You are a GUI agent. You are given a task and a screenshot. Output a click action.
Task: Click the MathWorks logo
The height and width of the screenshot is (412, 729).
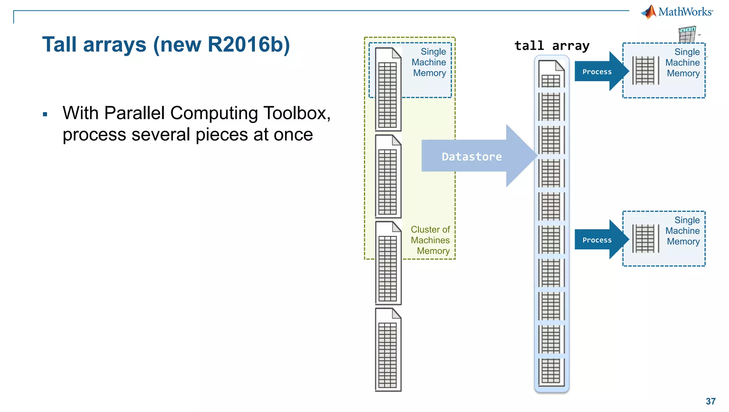(x=677, y=12)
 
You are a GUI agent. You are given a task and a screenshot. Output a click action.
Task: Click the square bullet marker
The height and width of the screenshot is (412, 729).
(x=45, y=114)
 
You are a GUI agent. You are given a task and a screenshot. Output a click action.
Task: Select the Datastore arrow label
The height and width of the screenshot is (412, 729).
(x=472, y=156)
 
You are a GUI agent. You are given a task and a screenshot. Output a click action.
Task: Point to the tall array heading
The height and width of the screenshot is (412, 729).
(x=552, y=46)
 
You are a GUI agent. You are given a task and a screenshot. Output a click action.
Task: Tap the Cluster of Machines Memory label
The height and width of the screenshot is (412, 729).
(x=430, y=240)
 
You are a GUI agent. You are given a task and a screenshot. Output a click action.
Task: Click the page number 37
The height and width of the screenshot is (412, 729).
(x=710, y=401)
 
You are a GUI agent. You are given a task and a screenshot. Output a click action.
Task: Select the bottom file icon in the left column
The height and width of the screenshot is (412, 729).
(x=388, y=350)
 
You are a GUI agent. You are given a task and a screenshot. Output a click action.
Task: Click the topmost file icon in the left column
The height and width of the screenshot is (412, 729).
(x=388, y=89)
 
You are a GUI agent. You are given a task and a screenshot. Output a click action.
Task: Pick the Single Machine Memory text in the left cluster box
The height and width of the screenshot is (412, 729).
(x=429, y=62)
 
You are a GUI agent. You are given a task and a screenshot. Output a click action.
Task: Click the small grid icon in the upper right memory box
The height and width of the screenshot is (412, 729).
(x=645, y=71)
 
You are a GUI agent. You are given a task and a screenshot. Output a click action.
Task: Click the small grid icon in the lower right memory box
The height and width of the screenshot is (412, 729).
(x=645, y=239)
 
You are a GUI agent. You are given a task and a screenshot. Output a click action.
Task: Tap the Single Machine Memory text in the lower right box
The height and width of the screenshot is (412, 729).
(x=683, y=231)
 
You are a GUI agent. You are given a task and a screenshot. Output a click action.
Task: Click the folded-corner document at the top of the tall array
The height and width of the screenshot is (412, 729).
(x=551, y=74)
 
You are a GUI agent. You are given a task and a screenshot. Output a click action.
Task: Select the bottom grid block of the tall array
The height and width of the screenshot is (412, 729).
(x=551, y=371)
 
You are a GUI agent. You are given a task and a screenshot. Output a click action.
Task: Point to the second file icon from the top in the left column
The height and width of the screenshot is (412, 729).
(x=388, y=176)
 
